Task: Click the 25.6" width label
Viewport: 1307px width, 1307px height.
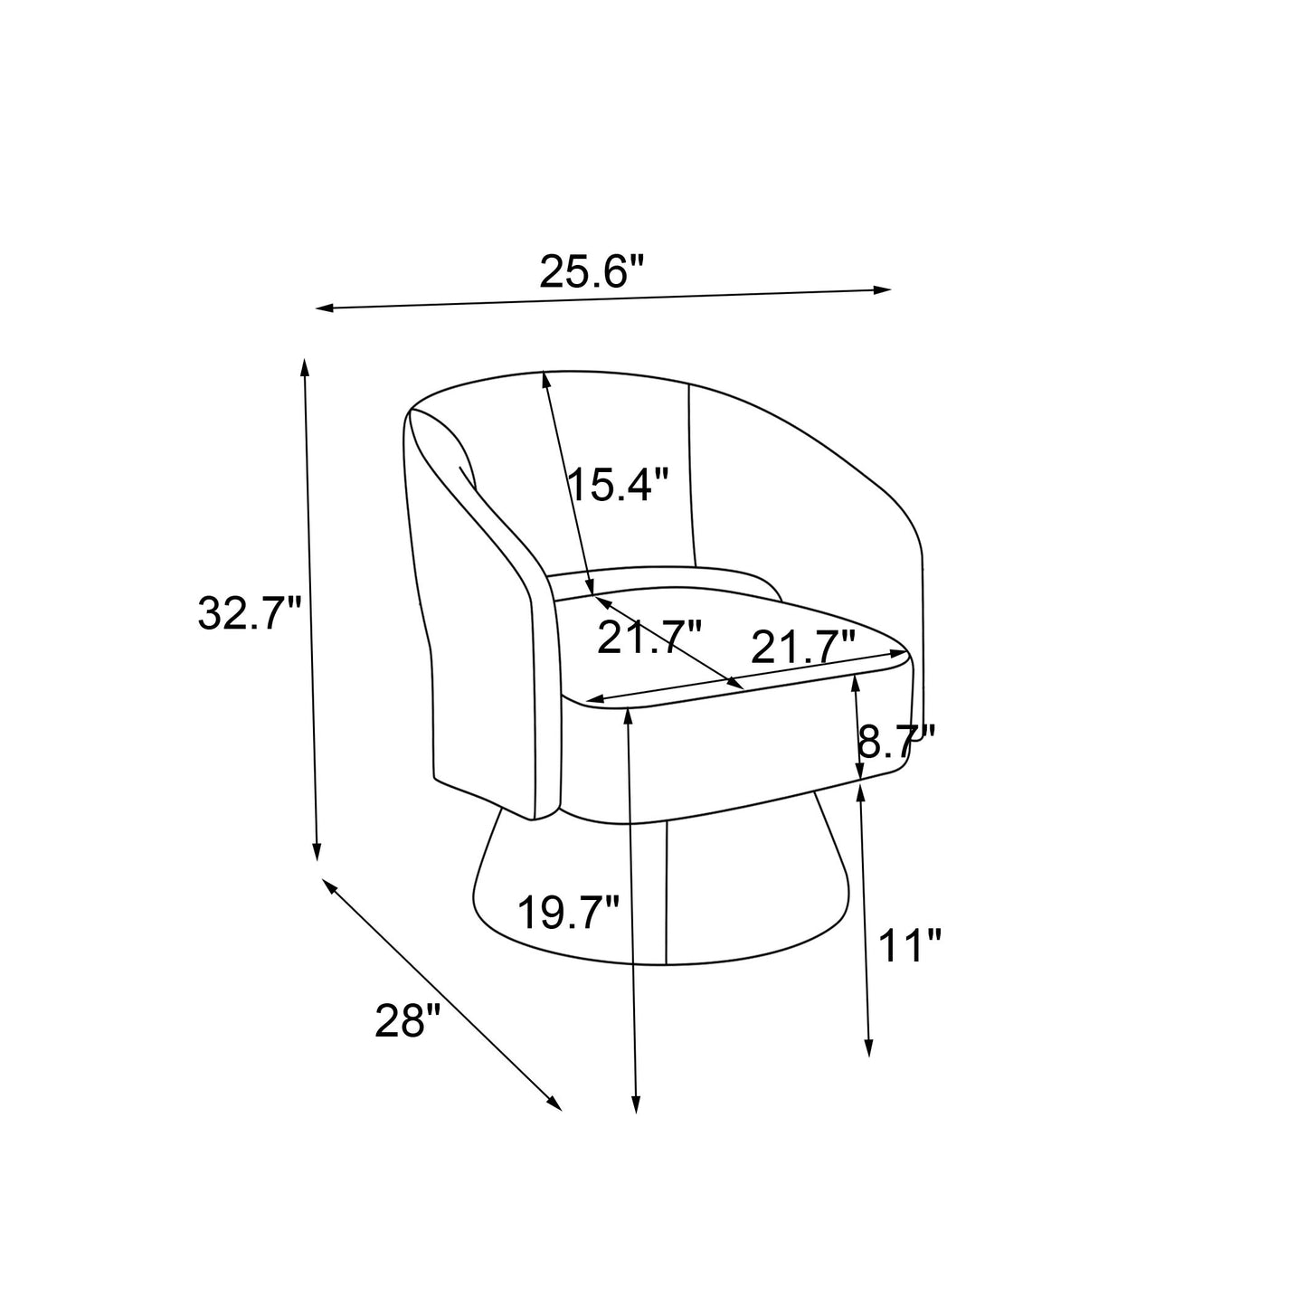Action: click(x=590, y=272)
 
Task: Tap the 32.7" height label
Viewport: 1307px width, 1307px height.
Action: click(x=248, y=613)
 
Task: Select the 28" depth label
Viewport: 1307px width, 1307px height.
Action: click(x=408, y=1020)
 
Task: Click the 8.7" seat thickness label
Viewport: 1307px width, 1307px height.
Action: click(x=896, y=742)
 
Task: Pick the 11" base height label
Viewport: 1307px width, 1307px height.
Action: click(x=910, y=945)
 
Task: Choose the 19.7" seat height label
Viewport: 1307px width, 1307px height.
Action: click(x=568, y=913)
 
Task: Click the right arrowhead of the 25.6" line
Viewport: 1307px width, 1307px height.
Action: click(x=882, y=290)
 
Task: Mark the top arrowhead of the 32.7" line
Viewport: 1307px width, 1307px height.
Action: click(x=305, y=367)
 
